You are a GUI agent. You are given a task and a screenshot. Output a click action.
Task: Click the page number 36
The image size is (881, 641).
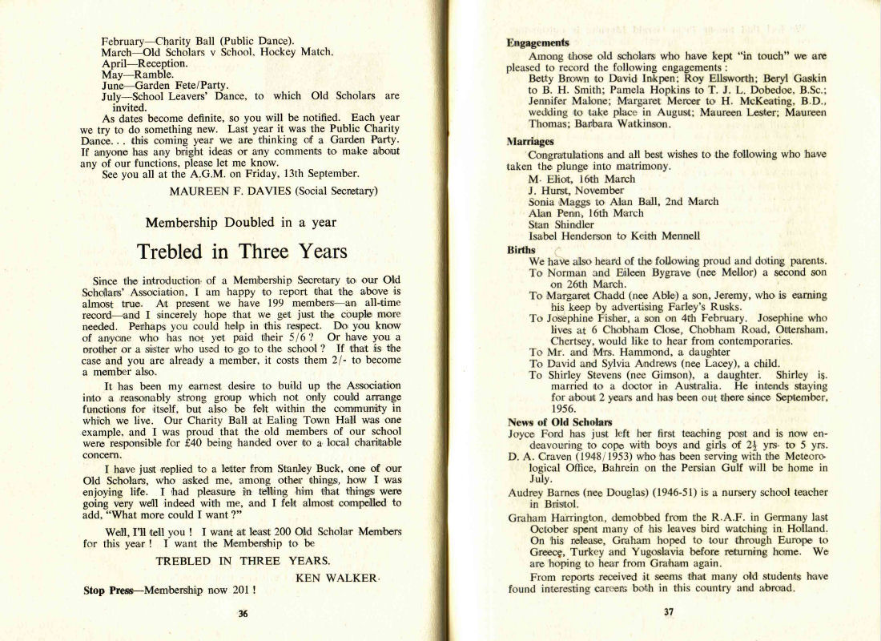point(243,614)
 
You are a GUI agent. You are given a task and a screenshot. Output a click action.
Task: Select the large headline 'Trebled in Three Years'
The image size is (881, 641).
point(243,251)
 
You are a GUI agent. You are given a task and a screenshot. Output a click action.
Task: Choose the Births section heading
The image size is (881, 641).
point(521,250)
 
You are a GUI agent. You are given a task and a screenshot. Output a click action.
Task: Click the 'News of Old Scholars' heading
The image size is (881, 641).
point(560,421)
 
